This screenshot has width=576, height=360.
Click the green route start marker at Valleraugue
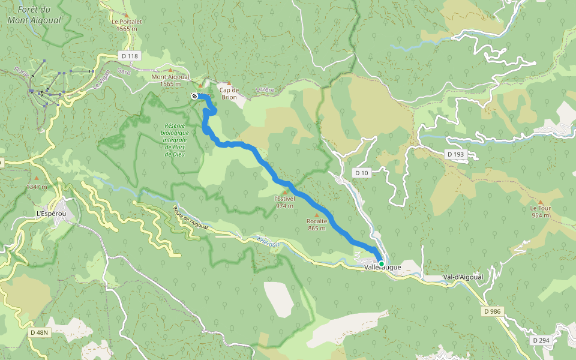coord(381,263)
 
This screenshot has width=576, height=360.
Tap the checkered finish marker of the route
coord(194,96)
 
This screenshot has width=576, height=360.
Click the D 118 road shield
coord(129,56)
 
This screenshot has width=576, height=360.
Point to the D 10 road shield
coord(361,173)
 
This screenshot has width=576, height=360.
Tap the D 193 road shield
coord(455,154)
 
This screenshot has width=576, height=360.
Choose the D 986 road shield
coord(491,311)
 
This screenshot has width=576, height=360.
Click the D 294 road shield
coord(540,340)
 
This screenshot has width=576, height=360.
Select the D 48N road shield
coord(40,332)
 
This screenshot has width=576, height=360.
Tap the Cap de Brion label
coord(228,94)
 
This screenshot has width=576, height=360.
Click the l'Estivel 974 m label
coord(284,202)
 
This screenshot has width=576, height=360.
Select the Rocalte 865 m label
coord(316,224)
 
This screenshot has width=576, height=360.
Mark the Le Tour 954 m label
coord(540,212)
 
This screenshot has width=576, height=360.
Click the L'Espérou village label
coord(50,214)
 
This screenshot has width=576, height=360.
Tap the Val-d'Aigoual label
coord(463,277)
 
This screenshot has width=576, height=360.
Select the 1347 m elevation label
coord(36,187)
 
